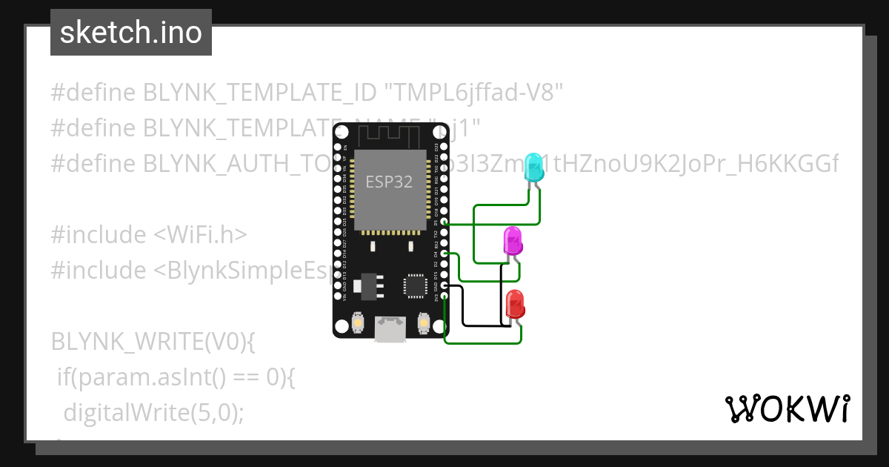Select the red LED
tap(515, 305)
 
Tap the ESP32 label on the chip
tap(389, 181)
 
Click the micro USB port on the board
tap(390, 328)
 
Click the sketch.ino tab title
tap(131, 33)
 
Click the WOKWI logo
tap(787, 408)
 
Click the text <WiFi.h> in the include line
tap(200, 235)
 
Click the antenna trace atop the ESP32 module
tap(390, 136)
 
